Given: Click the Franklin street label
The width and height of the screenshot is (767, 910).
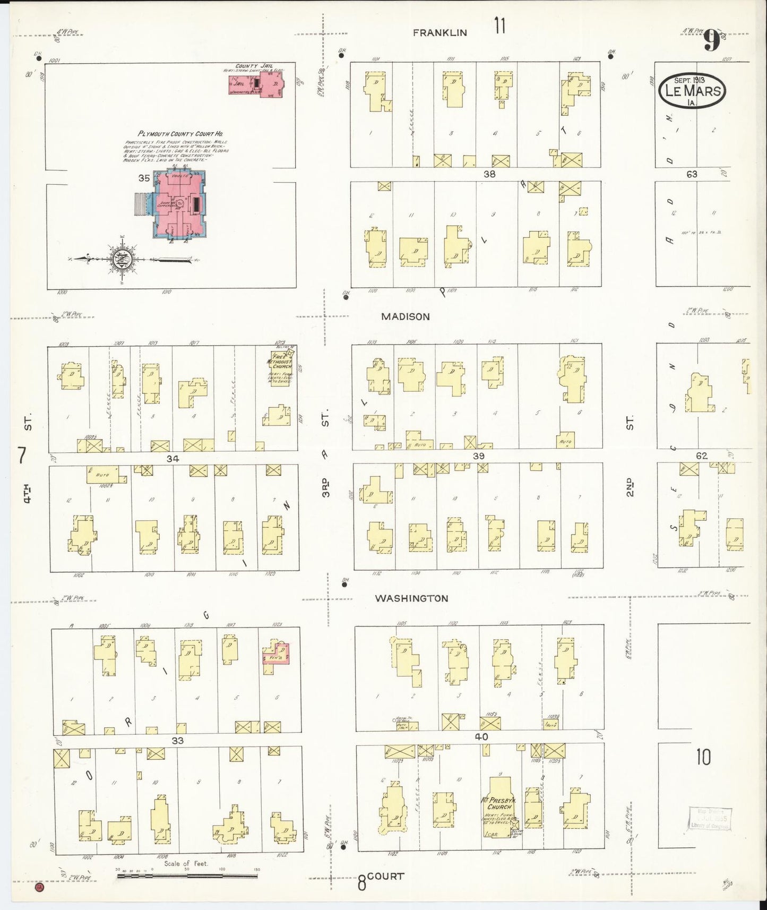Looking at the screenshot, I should coord(440,32).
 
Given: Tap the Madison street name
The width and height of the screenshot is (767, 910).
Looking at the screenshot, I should coord(406,316).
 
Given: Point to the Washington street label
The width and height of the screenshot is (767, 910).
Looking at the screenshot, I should coord(411,598).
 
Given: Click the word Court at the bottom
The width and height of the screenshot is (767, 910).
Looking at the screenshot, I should coord(386,875).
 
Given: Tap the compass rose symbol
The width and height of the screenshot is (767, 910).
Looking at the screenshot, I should coord(122,260).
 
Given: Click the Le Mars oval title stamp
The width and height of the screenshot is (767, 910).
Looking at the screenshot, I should coord(691,91).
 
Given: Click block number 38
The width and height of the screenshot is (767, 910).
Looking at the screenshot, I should coord(489,174).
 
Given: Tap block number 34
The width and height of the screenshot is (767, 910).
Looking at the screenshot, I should coord(172,458).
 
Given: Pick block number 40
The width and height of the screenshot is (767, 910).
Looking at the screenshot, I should coord(481,737).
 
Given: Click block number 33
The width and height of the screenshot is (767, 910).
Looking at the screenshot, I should coord(177,740).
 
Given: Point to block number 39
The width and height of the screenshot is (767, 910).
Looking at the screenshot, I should coord(478,456).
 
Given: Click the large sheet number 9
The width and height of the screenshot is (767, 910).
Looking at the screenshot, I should coord(712,41).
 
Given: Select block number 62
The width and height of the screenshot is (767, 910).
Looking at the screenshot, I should coord(702,456).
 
